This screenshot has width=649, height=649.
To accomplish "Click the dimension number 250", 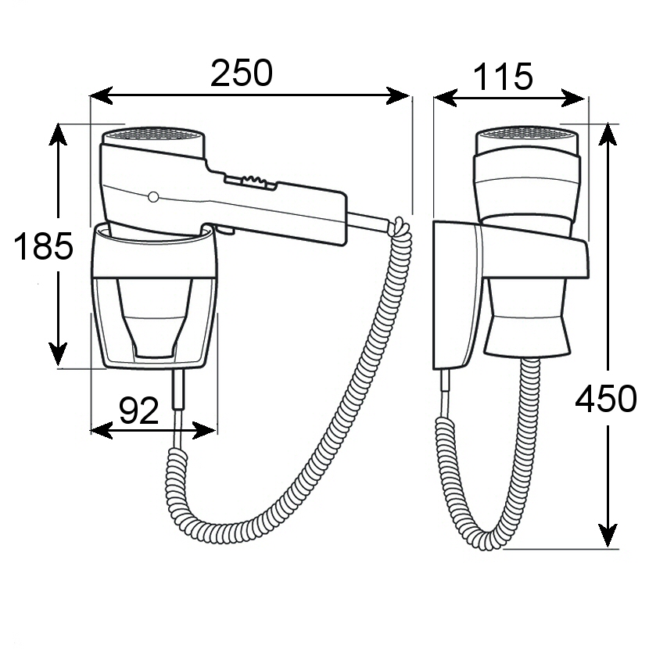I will pyautogui.click(x=242, y=74).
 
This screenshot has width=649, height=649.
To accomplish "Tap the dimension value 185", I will pyautogui.click(x=44, y=247).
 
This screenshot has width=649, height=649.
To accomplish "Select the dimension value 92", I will pyautogui.click(x=139, y=410).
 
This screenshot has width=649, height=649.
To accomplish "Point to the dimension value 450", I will pyautogui.click(x=606, y=400).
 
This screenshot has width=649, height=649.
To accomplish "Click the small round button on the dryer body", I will pyautogui.click(x=153, y=196).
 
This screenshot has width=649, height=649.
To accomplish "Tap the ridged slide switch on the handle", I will pyautogui.click(x=249, y=181).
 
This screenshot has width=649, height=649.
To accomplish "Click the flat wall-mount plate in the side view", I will pyautogui.click(x=454, y=293).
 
